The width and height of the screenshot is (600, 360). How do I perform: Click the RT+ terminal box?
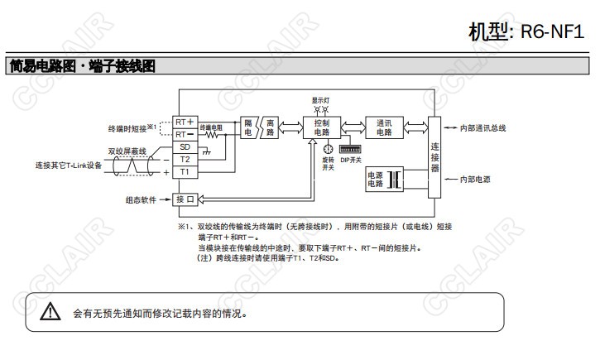[185, 122]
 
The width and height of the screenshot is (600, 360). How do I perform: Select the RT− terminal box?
[185, 134]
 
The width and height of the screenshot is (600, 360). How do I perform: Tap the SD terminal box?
[185, 146]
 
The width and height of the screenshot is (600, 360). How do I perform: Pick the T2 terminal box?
[185, 159]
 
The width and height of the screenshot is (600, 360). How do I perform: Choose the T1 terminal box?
[185, 171]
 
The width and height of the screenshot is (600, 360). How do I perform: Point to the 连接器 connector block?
[435, 156]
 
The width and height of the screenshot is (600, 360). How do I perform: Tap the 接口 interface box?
[185, 199]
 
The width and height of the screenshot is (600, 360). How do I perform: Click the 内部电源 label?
[479, 178]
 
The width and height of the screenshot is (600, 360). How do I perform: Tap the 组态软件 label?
[142, 199]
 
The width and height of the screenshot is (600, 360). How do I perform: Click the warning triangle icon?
[51, 312]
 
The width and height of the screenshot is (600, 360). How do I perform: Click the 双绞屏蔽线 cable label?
[127, 151]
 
